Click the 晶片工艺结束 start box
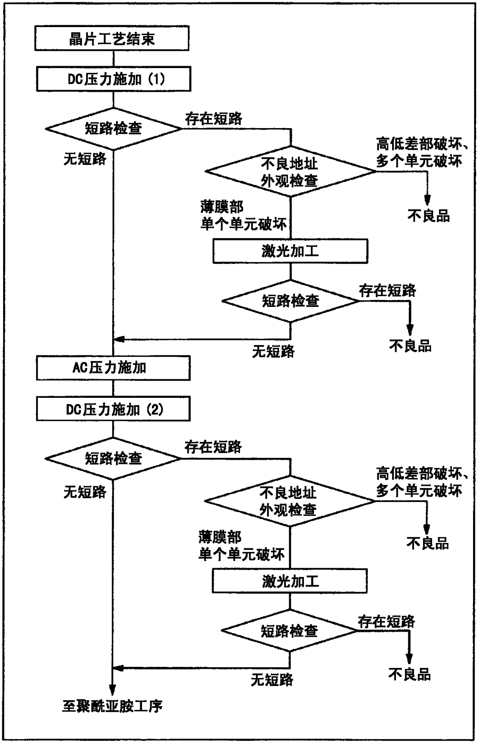point(112,38)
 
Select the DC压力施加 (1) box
point(113,79)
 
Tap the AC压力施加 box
point(113,368)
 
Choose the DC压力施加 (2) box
point(113,409)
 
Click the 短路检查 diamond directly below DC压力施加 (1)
point(113,128)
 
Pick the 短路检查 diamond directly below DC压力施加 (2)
point(113,459)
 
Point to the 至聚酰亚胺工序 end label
point(112,706)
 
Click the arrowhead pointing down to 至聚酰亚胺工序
point(112,690)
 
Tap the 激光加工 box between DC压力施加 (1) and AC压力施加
point(290,251)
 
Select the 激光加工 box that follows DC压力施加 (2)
point(289,581)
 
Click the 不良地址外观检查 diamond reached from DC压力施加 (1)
point(290,171)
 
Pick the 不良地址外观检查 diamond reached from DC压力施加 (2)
point(289,501)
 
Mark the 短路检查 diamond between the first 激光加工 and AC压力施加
point(290,301)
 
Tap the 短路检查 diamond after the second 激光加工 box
point(289,631)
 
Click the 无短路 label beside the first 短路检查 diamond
point(85,159)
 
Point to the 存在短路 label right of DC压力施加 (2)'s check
point(213,447)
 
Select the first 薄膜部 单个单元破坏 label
point(243,216)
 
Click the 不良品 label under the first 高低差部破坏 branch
point(429,216)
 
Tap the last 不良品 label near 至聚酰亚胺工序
point(410,675)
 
